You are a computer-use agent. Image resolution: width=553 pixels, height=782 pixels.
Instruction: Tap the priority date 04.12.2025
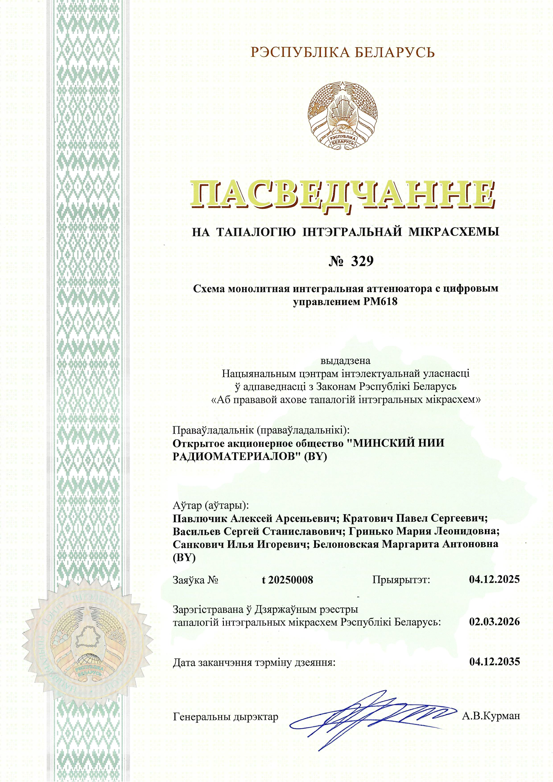pos(494,579)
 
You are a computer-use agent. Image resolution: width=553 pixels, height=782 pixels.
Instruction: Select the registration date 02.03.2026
pos(494,622)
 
